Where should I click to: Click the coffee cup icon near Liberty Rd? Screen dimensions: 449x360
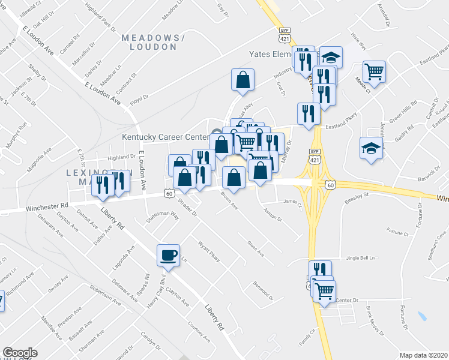pyautogui.click(x=167, y=255)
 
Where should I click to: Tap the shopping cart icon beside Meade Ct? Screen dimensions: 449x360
pyautogui.click(x=374, y=71)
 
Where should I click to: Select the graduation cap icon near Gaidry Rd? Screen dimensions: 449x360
pyautogui.click(x=372, y=148)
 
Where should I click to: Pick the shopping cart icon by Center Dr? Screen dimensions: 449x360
pyautogui.click(x=324, y=291)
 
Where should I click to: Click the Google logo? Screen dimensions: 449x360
pyautogui.click(x=20, y=353)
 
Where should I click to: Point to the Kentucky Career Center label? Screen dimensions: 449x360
pyautogui.click(x=164, y=137)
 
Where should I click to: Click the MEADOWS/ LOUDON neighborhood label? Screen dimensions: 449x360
pyautogui.click(x=149, y=42)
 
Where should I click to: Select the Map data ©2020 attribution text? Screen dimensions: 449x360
pyautogui.click(x=423, y=355)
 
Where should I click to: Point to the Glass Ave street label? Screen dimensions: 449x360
pyautogui.click(x=255, y=248)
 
